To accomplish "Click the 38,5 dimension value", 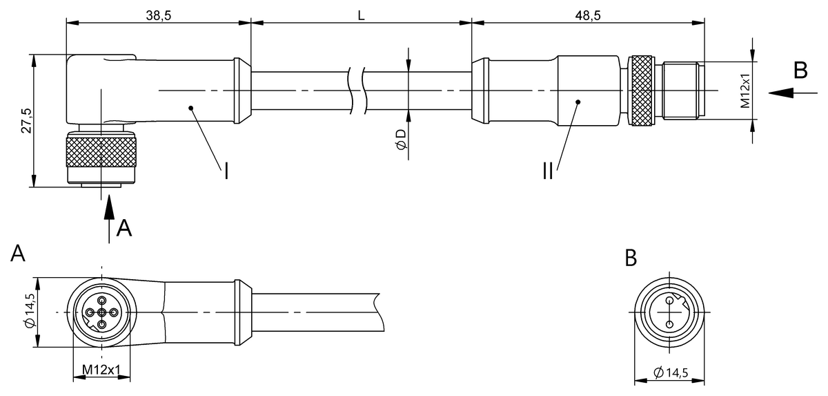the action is [159, 15].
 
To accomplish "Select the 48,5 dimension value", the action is [588, 15].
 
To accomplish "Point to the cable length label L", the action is [361, 15].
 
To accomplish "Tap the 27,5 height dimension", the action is [26, 121].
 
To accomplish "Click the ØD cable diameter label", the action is [402, 140].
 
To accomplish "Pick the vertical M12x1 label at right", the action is [745, 91].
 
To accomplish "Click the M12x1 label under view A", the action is [101, 369].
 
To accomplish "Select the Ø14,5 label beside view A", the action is [30, 310].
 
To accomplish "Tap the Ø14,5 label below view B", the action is [671, 373].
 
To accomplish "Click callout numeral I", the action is [226, 171].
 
